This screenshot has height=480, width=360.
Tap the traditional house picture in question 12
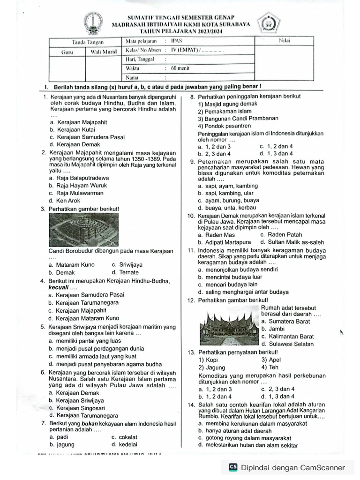tap(229, 324)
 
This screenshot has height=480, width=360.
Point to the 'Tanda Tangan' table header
tap(84, 42)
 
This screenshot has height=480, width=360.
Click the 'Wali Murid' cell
tap(103, 52)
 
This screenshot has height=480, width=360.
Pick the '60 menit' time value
tap(180, 68)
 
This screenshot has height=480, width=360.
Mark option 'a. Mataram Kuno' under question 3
tap(71, 265)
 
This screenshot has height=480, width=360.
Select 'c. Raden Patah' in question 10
tap(281, 235)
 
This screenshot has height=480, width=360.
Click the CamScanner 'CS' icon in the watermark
tap(233, 467)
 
